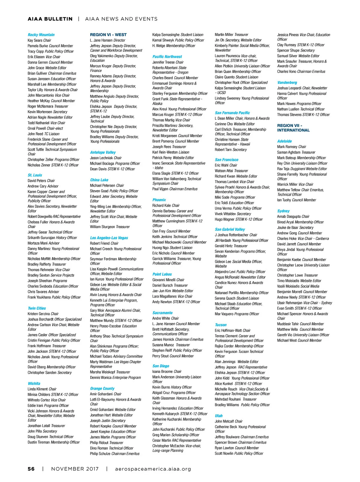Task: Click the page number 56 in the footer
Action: [x=31, y=469]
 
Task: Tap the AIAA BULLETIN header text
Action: [x=50, y=19]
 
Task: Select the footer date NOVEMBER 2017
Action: [x=75, y=469]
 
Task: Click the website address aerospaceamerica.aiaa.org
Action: [x=153, y=469]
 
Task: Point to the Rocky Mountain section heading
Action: [x=41, y=35]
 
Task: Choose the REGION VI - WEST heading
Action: [x=108, y=35]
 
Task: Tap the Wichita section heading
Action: [x=34, y=384]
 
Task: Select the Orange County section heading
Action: [x=102, y=388]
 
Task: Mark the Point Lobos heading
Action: [x=162, y=274]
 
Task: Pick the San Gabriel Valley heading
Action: [x=230, y=229]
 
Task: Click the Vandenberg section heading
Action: [x=287, y=83]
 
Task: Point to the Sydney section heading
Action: [x=283, y=211]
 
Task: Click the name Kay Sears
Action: [x=35, y=41]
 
